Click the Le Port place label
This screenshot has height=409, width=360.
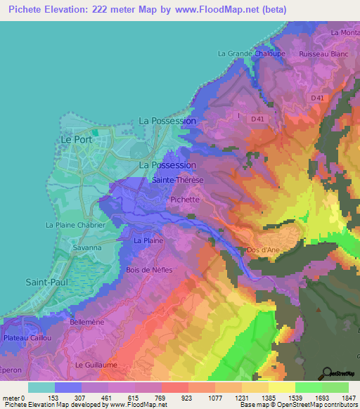[72, 140]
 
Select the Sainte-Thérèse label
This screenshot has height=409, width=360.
[178, 180]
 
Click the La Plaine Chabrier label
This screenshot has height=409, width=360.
[75, 225]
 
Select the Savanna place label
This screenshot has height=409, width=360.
[86, 248]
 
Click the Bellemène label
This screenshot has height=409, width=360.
[88, 321]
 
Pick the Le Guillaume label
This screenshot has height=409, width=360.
[96, 365]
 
